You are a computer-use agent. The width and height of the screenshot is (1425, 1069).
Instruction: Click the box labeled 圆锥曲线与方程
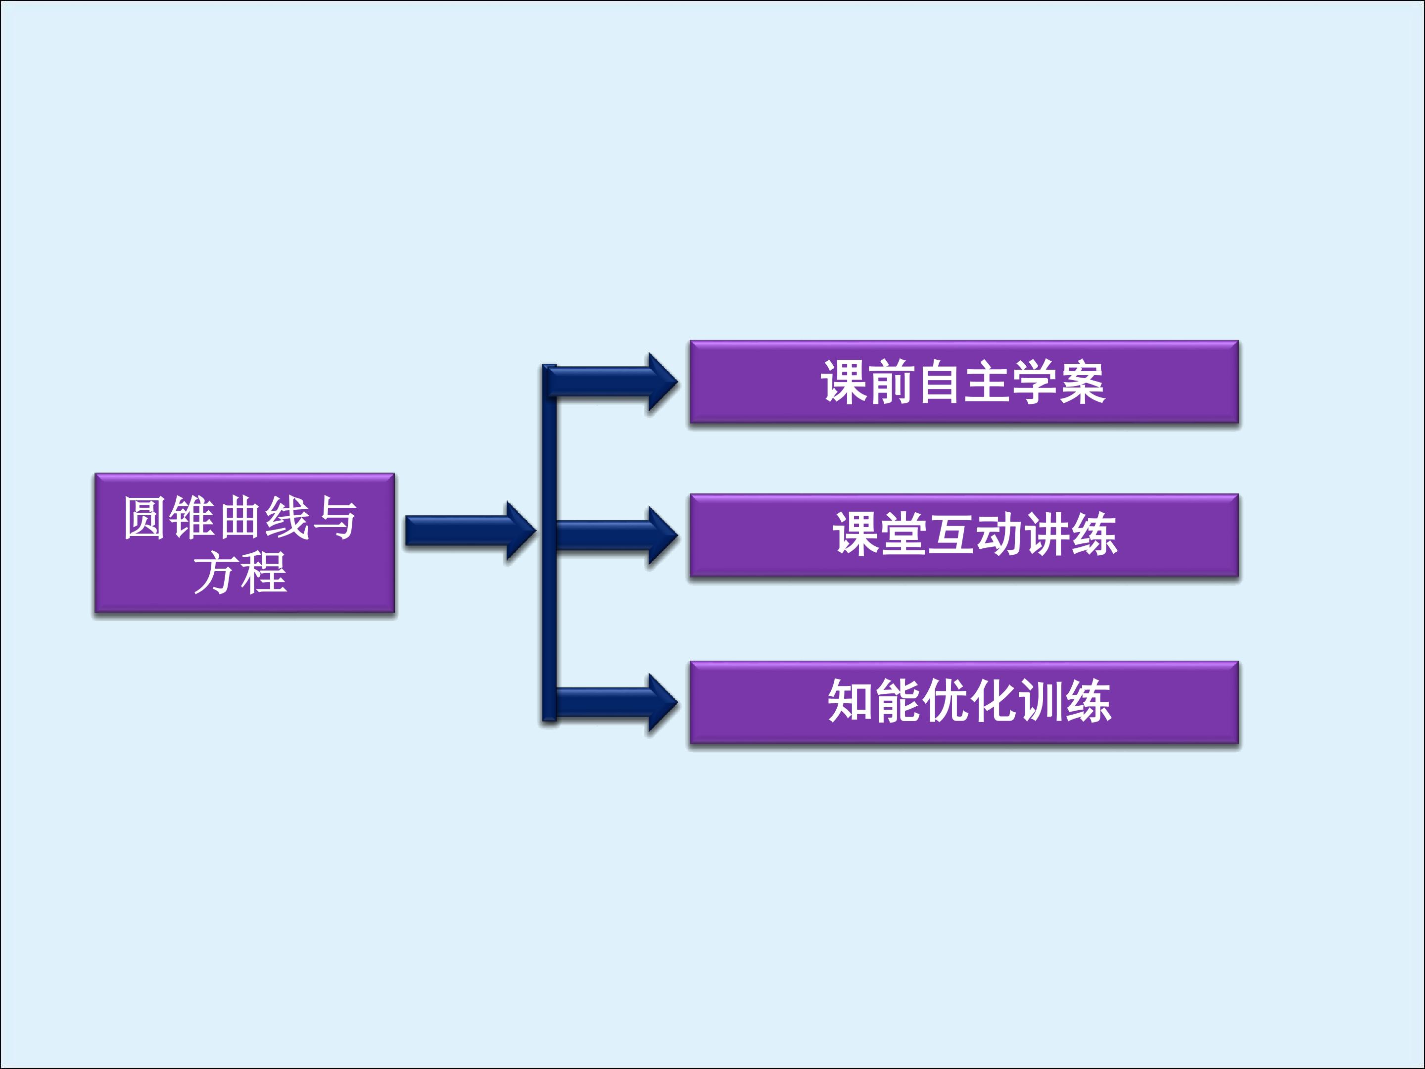pos(245,542)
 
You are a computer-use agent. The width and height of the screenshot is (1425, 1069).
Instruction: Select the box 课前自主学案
pos(964,382)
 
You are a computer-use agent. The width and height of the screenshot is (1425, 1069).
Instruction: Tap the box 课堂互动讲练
pos(964,535)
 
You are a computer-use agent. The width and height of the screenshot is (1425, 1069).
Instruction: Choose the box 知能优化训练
pos(964,702)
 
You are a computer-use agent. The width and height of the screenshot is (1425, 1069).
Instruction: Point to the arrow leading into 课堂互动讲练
pos(615,535)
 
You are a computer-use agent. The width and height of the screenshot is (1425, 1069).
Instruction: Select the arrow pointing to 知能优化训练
pos(615,702)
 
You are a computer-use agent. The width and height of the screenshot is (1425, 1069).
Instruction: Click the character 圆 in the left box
pos(144,517)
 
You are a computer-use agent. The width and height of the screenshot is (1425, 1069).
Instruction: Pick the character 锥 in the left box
pos(191,517)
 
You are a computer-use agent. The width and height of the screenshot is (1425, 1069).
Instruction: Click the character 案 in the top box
pos(1082,382)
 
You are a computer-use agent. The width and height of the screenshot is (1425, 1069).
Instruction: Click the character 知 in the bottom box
pos(851,701)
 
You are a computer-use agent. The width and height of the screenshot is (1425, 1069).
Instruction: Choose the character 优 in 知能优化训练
pos(946,701)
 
